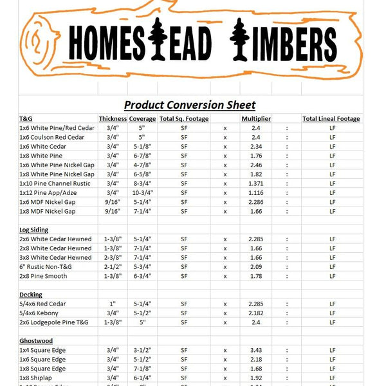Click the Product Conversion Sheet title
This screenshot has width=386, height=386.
(190, 105)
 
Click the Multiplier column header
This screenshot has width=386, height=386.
(255, 119)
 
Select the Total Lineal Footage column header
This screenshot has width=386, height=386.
(331, 119)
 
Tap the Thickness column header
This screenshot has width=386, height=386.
(112, 119)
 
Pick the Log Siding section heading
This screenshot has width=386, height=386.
(34, 230)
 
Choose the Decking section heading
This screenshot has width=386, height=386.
(31, 294)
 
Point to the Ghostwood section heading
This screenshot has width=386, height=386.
(36, 341)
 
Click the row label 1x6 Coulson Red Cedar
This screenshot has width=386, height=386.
(52, 137)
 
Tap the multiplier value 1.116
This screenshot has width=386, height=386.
(255, 193)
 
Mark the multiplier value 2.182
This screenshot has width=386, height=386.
(255, 313)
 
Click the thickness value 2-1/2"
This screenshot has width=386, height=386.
(112, 267)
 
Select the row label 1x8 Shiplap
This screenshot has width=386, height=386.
(41, 378)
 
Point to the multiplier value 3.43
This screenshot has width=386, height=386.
(255, 351)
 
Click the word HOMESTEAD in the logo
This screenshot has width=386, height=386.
(139, 44)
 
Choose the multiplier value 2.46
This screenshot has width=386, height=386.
(255, 165)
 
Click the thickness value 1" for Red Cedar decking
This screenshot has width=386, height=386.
(112, 304)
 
